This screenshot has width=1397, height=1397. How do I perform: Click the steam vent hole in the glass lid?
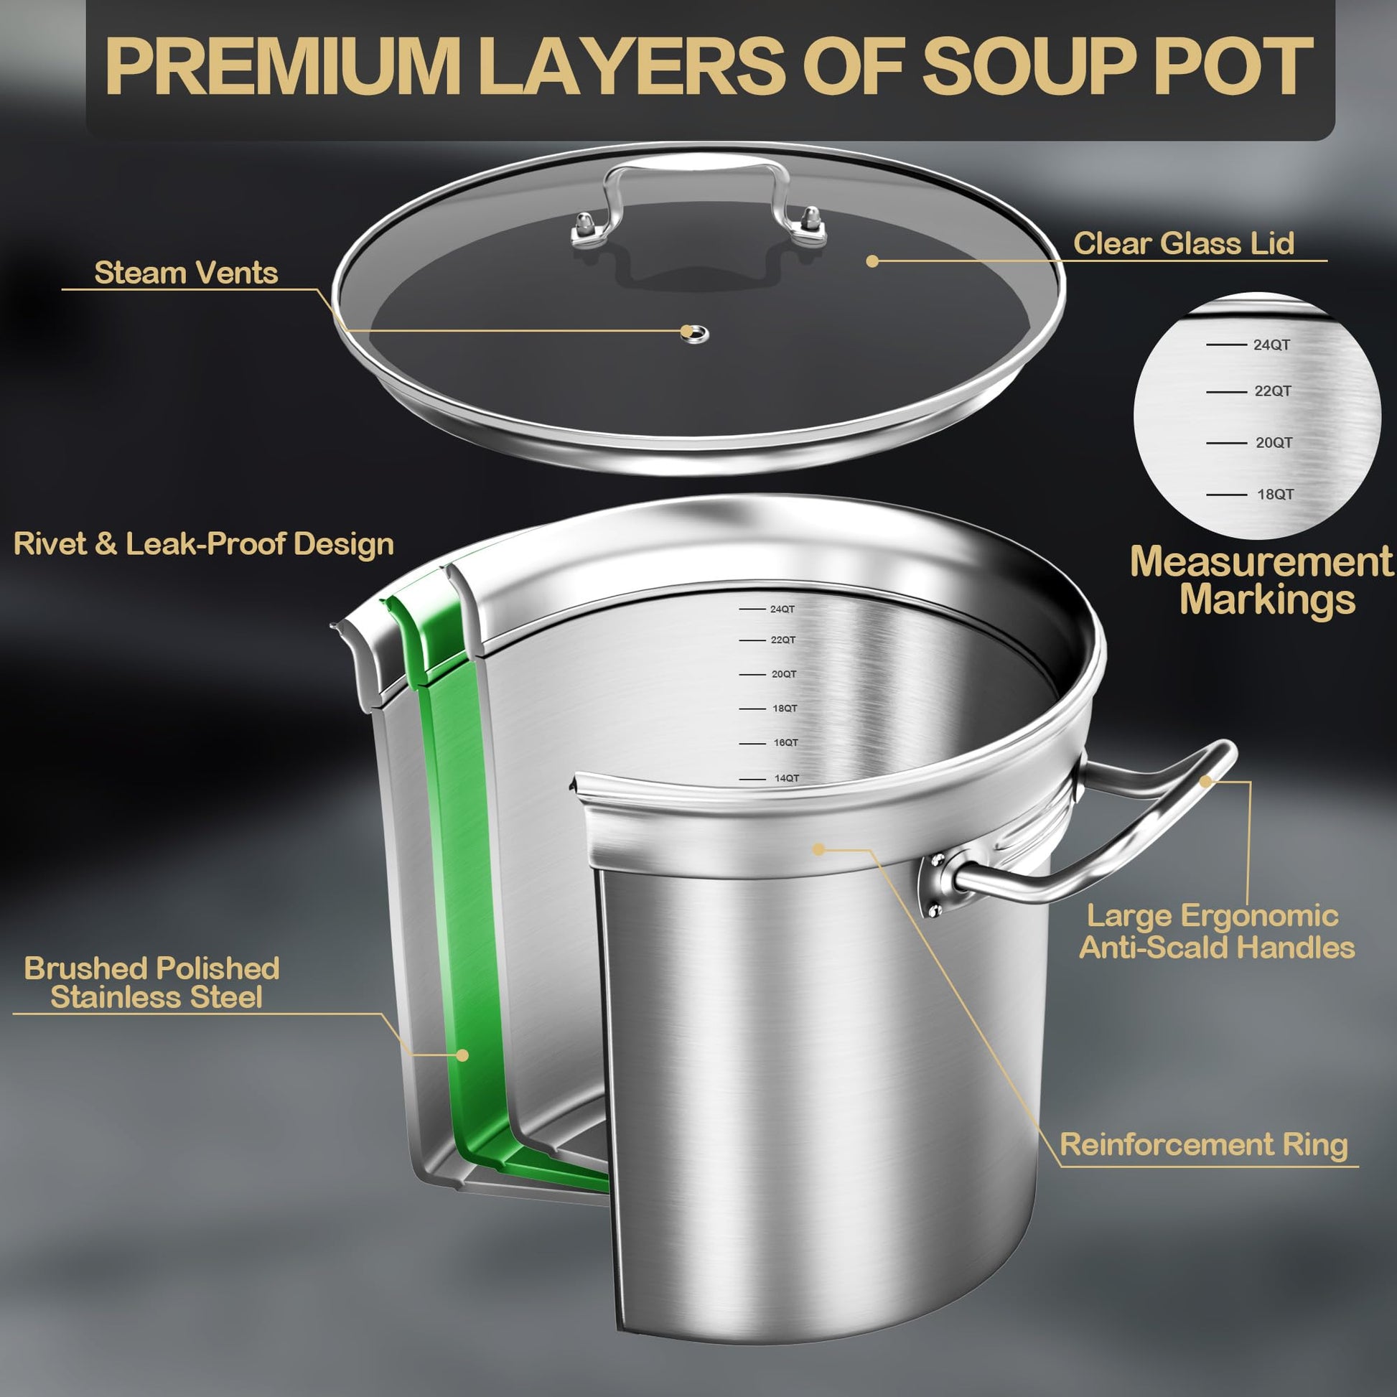point(695,333)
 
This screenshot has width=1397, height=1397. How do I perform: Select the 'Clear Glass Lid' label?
point(1183,243)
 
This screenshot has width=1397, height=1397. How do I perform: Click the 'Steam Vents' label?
point(186,273)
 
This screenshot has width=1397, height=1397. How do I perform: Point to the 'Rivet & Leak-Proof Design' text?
point(203,544)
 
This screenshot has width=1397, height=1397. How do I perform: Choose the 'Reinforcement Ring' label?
point(1203,1144)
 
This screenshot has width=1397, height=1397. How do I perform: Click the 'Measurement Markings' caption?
point(1261,581)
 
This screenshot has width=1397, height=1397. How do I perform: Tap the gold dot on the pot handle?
point(1205,782)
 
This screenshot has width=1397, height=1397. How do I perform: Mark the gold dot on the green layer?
point(463,1055)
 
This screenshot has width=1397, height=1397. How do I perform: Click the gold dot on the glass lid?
point(873,261)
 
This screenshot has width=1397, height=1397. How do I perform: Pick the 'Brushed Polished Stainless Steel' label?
point(152,983)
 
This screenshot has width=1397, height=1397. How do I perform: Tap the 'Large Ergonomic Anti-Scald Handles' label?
point(1217,931)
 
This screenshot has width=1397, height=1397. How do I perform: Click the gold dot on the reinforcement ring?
point(818,849)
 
